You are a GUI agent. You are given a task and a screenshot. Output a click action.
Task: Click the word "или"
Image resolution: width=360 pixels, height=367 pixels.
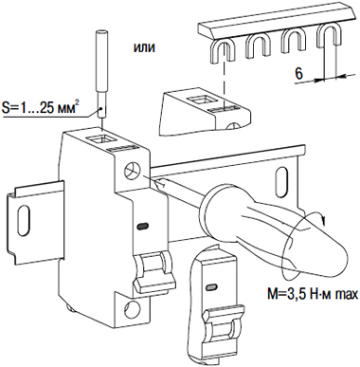pos(145,47)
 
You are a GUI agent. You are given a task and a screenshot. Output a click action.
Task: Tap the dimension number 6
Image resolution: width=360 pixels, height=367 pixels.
pos(298,74)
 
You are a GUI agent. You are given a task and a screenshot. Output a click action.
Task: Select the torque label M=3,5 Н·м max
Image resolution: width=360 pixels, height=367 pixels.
pos(312,294)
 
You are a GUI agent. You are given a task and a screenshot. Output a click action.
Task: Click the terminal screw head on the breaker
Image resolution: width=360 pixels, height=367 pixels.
pos(133,171)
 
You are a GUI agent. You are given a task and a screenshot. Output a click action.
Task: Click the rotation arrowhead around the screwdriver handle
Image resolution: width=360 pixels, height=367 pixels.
pos(322,218)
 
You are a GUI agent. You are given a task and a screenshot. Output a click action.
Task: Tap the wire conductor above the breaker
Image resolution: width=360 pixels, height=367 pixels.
pos(101,75)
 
